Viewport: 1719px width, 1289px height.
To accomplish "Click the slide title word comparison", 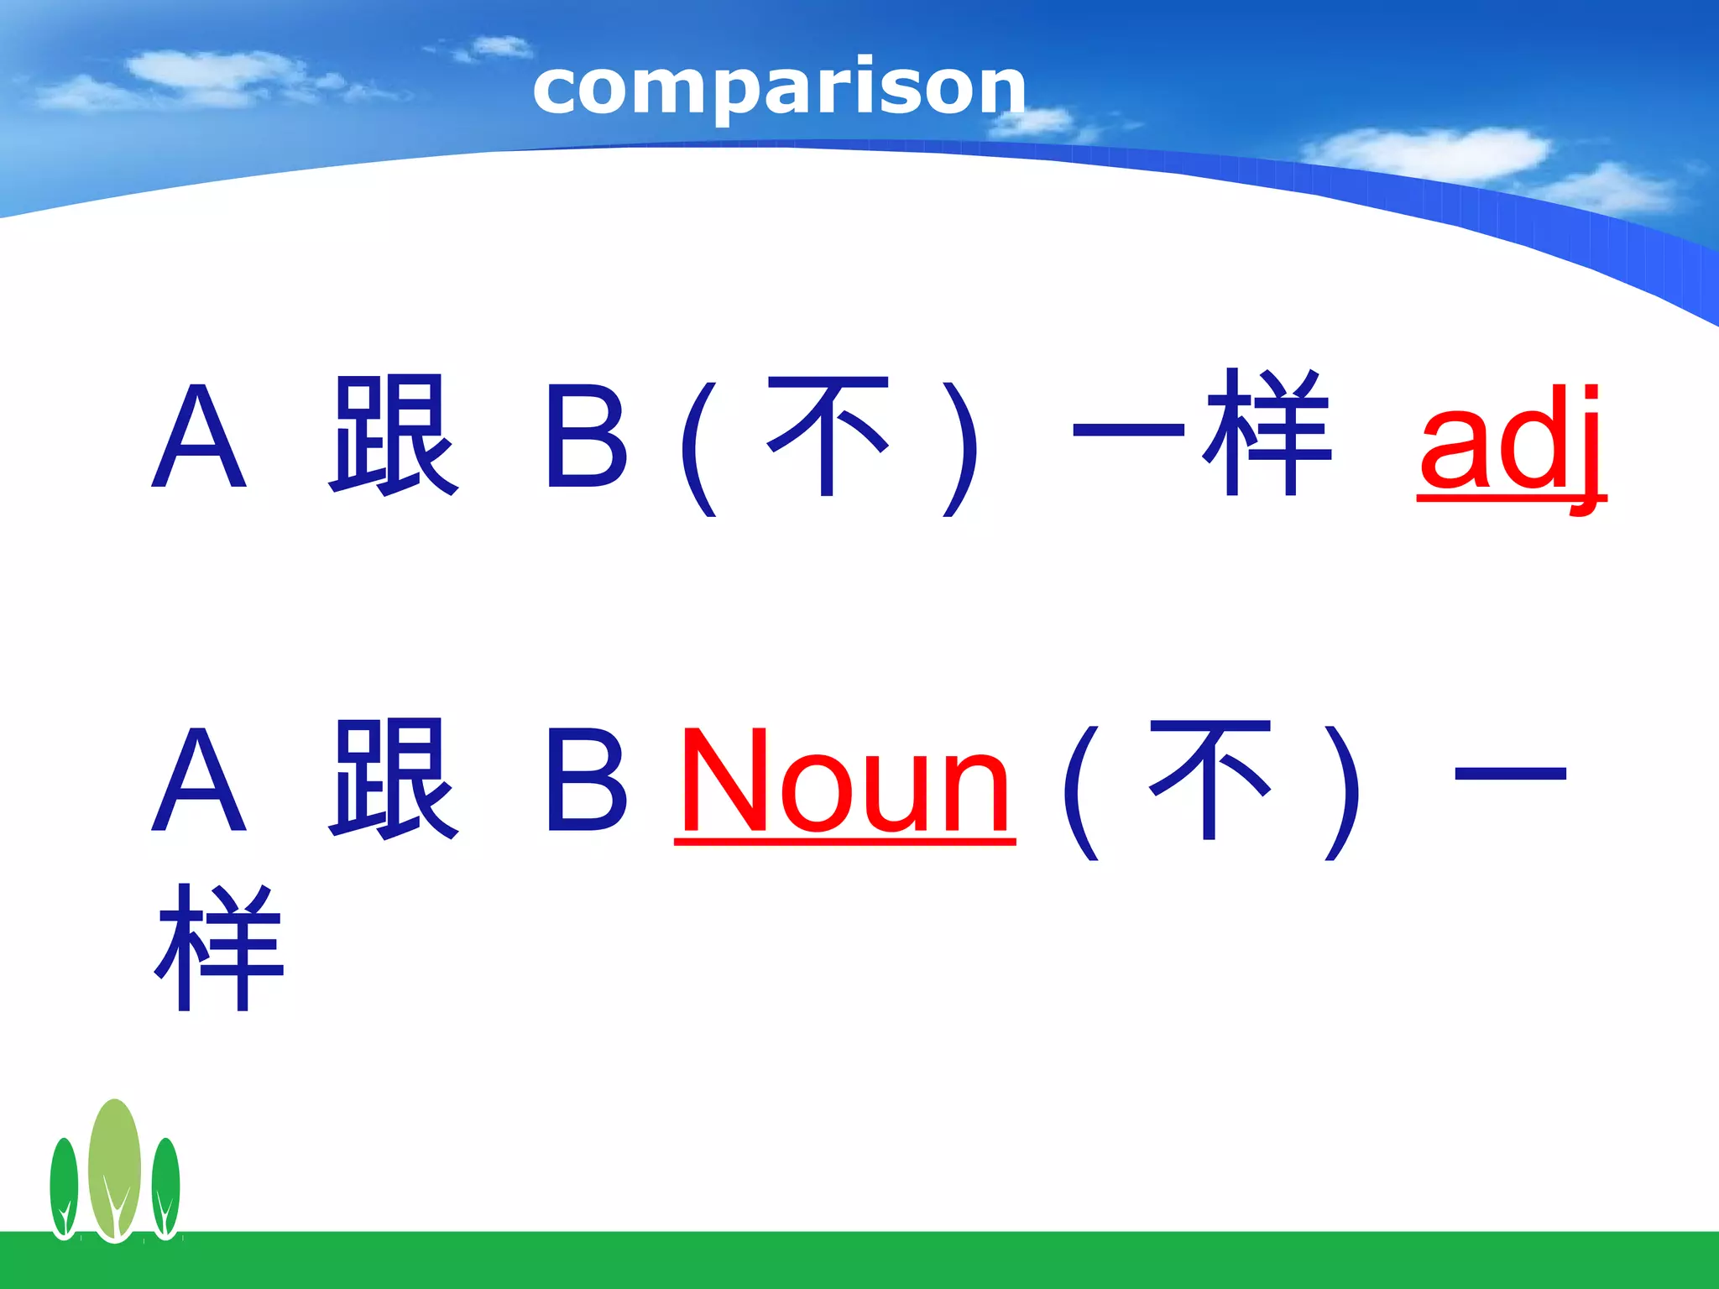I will click(779, 88).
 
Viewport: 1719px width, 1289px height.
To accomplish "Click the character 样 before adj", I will click(1267, 433).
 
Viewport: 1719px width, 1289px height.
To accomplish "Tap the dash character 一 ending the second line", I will click(1510, 774).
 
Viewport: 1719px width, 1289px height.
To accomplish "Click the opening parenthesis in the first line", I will click(699, 449).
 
